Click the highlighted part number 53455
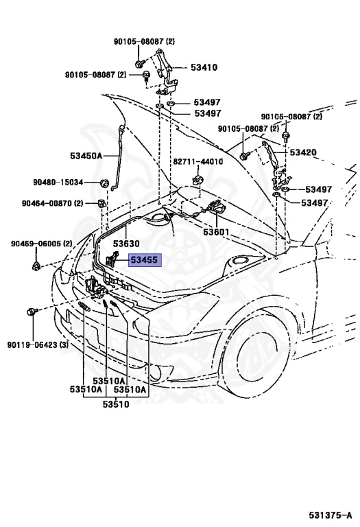click(x=144, y=260)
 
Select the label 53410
click(x=204, y=67)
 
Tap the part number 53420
click(x=303, y=152)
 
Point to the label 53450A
click(x=86, y=156)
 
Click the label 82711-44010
click(x=197, y=162)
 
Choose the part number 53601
click(x=216, y=232)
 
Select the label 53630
click(x=126, y=244)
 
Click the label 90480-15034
click(x=58, y=182)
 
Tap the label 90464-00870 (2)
click(x=52, y=203)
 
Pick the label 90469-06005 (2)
click(x=41, y=244)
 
